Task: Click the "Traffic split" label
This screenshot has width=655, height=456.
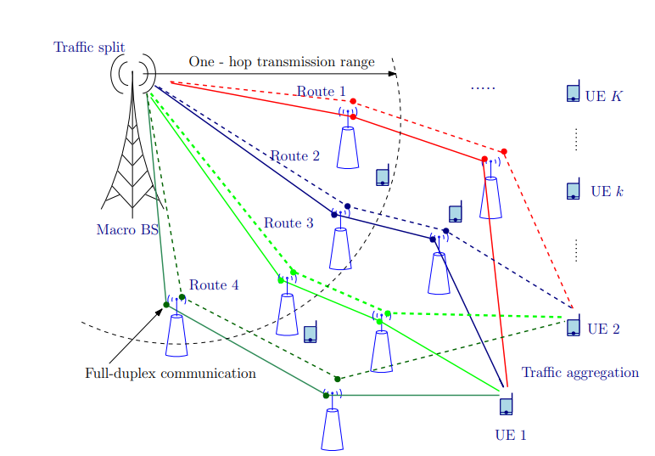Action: pyautogui.click(x=89, y=48)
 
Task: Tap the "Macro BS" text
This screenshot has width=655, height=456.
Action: pyautogui.click(x=127, y=229)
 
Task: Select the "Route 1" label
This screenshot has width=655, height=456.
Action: pyautogui.click(x=321, y=92)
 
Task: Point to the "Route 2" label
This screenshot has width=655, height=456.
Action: pyautogui.click(x=294, y=156)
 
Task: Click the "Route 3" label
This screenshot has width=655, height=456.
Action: pyautogui.click(x=288, y=223)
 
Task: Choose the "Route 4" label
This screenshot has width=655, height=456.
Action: pyautogui.click(x=214, y=285)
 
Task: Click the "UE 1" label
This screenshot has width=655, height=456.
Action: pyautogui.click(x=511, y=436)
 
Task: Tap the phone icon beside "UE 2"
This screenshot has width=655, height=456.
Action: pyautogui.click(x=574, y=328)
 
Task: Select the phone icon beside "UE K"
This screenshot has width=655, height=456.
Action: pyautogui.click(x=574, y=93)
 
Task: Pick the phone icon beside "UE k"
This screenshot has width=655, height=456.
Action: pyautogui.click(x=574, y=191)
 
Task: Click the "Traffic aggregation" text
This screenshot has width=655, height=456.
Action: pyautogui.click(x=579, y=373)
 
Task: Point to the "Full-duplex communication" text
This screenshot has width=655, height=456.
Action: pyautogui.click(x=171, y=374)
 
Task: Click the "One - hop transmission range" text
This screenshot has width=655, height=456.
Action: pyautogui.click(x=282, y=62)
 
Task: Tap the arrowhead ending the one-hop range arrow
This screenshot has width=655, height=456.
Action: pyautogui.click(x=393, y=74)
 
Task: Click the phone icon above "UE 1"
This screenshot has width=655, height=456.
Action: pyautogui.click(x=507, y=405)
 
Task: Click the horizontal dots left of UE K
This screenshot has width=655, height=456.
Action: pyautogui.click(x=483, y=88)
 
